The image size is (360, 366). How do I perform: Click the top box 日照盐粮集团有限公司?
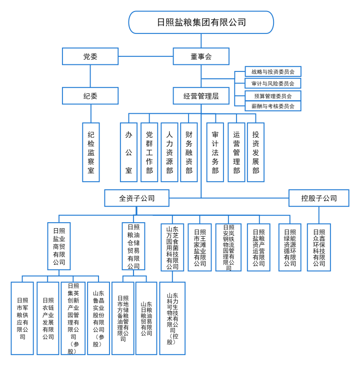[x=201, y=22]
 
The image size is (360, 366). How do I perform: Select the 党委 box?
[x=90, y=56]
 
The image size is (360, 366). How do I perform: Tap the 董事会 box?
[x=201, y=56]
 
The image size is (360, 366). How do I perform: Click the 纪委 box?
[x=90, y=96]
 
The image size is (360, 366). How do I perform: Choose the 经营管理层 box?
[x=201, y=96]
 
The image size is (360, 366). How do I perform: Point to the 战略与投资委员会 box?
[x=272, y=72]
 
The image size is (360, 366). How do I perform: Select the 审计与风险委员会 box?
[x=272, y=83]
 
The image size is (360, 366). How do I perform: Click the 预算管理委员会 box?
[x=272, y=95]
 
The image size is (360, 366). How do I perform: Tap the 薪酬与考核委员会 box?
[x=272, y=106]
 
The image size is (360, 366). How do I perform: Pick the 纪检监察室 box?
[x=91, y=152]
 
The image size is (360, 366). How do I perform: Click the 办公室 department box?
[x=128, y=152]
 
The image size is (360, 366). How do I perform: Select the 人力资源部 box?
[x=169, y=152]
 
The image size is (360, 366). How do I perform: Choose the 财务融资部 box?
[x=189, y=152]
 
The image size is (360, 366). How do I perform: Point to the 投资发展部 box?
[x=255, y=152]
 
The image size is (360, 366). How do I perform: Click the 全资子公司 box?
[x=136, y=198]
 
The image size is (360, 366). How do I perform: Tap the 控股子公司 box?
[x=319, y=198]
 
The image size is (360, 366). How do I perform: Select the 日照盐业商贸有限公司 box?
[x=59, y=246]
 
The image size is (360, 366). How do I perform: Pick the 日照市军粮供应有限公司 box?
[x=22, y=318]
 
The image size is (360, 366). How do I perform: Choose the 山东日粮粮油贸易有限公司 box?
[x=146, y=318]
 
